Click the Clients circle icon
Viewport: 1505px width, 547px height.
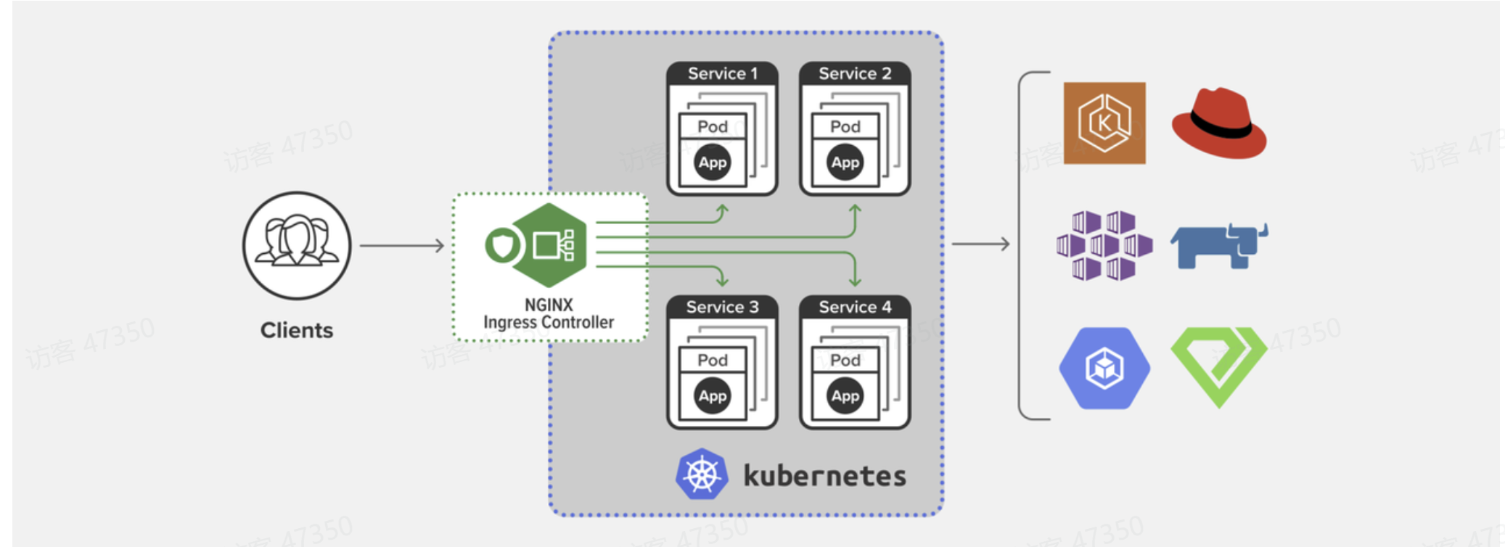[x=296, y=245]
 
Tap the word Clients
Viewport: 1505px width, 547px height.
[x=296, y=331]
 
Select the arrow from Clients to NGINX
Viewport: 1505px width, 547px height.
[x=401, y=246]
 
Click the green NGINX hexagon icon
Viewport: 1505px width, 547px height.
[x=549, y=245]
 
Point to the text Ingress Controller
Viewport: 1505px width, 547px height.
[x=549, y=322]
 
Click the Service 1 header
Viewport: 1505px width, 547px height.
[x=722, y=73]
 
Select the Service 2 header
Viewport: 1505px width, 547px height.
[x=855, y=73]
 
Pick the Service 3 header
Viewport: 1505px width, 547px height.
[x=722, y=307]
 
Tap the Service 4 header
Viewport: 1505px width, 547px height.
[x=855, y=307]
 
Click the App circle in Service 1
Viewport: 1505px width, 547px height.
[x=713, y=163]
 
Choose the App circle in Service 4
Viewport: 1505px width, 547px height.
[x=845, y=396]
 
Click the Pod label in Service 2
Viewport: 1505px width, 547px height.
[x=845, y=127]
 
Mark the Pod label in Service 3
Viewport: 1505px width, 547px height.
[x=713, y=361]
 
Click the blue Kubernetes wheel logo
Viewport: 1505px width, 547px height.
[x=702, y=474]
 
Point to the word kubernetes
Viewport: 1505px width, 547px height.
[x=825, y=476]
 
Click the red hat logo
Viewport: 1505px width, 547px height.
[x=1219, y=123]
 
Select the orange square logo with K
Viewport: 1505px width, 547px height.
[x=1104, y=123]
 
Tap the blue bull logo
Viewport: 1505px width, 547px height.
[x=1219, y=245]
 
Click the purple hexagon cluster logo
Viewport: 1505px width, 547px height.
[x=1104, y=245]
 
